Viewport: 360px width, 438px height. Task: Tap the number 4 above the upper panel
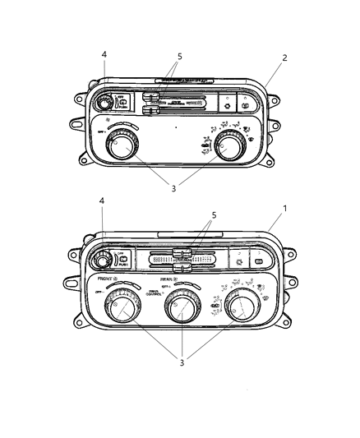(x=104, y=55)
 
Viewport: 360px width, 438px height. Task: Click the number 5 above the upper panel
(x=180, y=57)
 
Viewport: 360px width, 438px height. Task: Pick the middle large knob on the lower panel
(x=180, y=309)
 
